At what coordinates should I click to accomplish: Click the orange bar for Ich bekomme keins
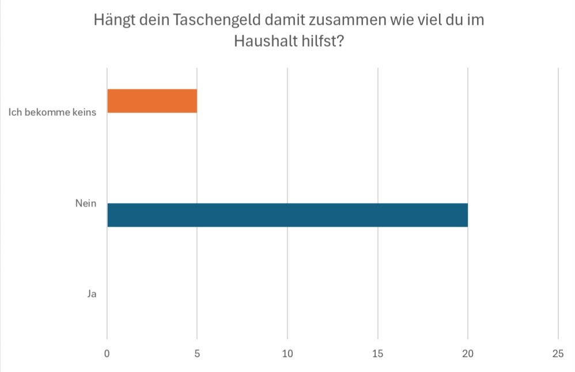[x=152, y=101]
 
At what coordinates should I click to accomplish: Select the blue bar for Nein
[x=287, y=215]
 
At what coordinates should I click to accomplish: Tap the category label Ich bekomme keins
[x=52, y=112]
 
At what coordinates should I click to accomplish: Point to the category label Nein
[x=85, y=203]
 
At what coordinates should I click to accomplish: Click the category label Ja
[x=91, y=294]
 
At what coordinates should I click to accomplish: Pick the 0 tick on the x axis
[x=107, y=354]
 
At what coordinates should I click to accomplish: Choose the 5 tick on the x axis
[x=197, y=354]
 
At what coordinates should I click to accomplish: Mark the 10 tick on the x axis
[x=287, y=354]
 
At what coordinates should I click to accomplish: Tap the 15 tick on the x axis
[x=377, y=354]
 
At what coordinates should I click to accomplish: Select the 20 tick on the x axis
[x=467, y=354]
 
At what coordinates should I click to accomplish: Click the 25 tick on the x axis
[x=558, y=354]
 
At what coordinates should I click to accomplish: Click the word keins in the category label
[x=84, y=112]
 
